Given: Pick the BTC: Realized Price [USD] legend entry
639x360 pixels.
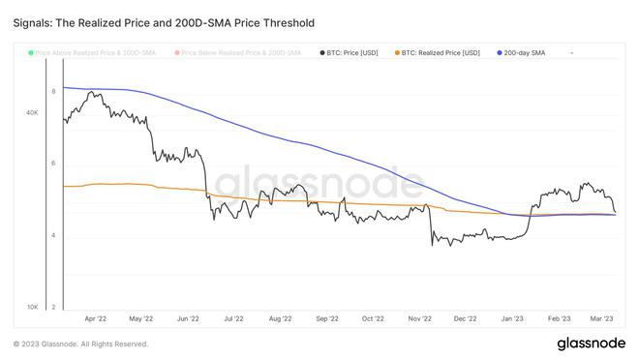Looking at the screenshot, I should pyautogui.click(x=441, y=52).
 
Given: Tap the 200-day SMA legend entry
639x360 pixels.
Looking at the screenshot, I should pyautogui.click(x=524, y=52).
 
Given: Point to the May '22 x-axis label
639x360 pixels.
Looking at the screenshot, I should pyautogui.click(x=142, y=317).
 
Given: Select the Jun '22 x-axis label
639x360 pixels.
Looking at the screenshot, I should pyautogui.click(x=188, y=317).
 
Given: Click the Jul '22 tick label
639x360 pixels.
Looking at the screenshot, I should pyautogui.click(x=233, y=317).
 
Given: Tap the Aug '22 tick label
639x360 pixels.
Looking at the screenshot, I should pyautogui.click(x=280, y=317).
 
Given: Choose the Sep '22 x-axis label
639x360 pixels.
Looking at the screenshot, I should pyautogui.click(x=326, y=317).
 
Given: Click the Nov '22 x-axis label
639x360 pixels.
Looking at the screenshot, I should pyautogui.click(x=418, y=317).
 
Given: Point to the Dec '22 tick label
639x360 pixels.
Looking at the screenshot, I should pyautogui.click(x=465, y=317).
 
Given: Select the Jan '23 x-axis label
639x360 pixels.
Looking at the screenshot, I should pyautogui.click(x=511, y=317).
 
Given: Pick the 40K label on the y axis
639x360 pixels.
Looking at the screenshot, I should pyautogui.click(x=32, y=112).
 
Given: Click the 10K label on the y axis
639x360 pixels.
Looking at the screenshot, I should pyautogui.click(x=32, y=307).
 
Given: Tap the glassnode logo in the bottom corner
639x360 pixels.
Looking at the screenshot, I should pyautogui.click(x=591, y=344).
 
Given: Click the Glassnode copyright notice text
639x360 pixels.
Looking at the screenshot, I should pyautogui.click(x=80, y=344).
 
